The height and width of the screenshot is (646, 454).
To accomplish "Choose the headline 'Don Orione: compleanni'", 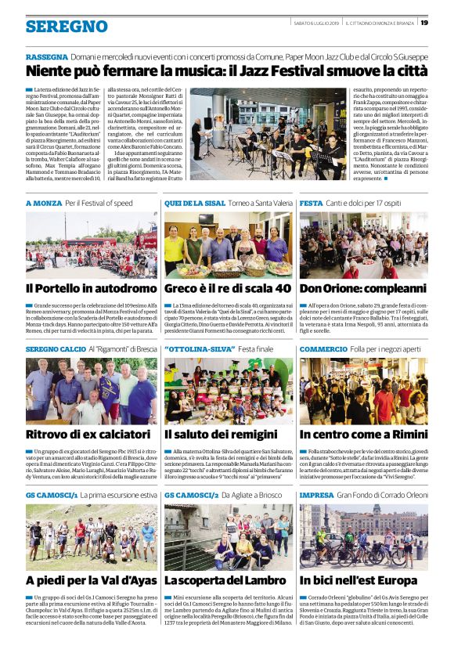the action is (362, 287).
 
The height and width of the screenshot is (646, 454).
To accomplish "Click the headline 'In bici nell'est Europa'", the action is (363, 580).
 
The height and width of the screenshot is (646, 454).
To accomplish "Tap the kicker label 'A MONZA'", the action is (43, 203).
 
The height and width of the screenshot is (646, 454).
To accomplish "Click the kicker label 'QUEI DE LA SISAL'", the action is (193, 203).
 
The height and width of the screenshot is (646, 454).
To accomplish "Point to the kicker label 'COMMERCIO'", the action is (323, 348).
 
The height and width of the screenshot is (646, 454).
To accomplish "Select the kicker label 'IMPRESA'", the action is (316, 496).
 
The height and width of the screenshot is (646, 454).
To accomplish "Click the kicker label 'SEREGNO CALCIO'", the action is (56, 348).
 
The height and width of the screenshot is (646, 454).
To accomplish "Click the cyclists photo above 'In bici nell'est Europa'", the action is (363, 536).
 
